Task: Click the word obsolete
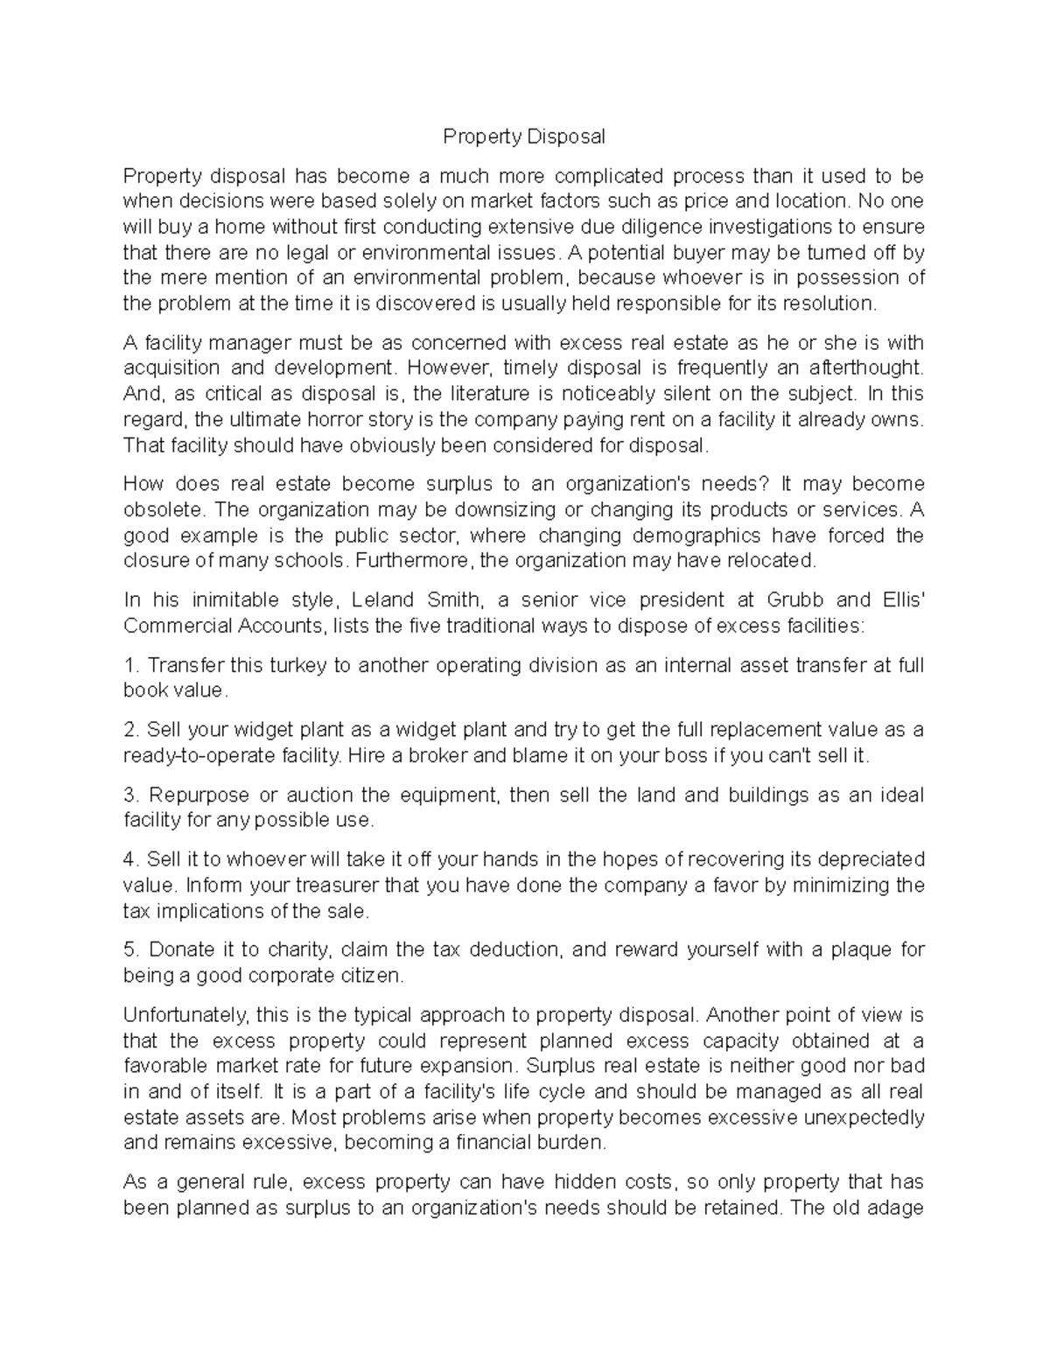[164, 509]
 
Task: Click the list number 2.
[131, 730]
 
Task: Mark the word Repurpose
[199, 795]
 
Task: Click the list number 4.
[131, 859]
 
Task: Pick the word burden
[570, 1143]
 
